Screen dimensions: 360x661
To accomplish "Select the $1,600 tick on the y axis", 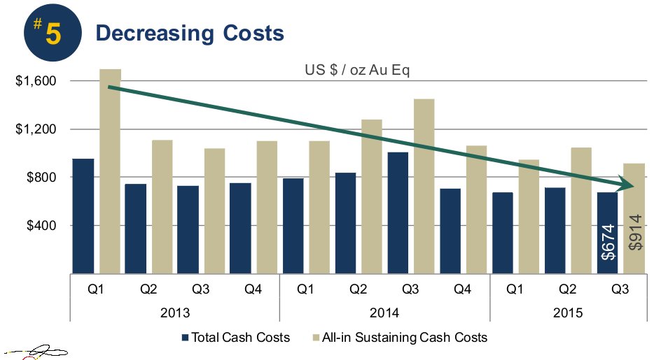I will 36,81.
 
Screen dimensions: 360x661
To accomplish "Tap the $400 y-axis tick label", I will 41,226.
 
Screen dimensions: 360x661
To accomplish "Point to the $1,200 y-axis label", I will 36,129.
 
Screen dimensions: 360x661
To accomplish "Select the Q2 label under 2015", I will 568,288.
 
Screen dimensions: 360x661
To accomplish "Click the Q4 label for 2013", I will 252,288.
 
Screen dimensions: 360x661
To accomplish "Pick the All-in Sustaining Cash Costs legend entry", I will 398,338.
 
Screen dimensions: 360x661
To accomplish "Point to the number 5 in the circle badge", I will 53,33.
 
